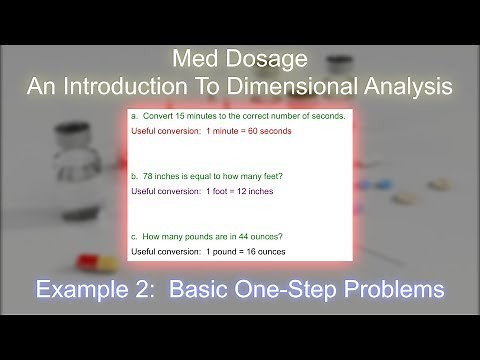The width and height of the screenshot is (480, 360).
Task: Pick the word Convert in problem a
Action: pyautogui.click(x=163, y=117)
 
